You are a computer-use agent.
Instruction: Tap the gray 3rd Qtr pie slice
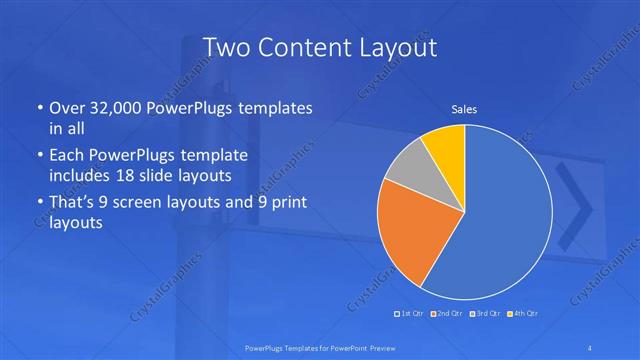408,176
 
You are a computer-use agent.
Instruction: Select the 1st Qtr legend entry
411,314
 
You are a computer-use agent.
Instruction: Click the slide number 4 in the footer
593,346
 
